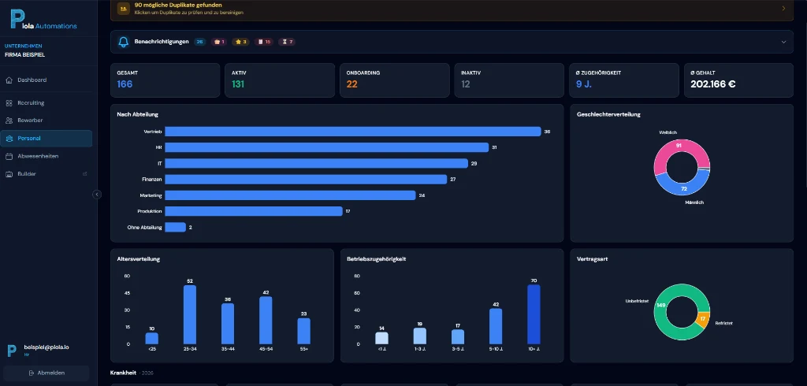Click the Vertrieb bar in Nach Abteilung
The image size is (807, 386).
[352, 132]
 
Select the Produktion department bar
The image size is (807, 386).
[253, 211]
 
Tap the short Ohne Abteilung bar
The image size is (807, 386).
[175, 227]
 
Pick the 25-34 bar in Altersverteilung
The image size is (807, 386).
[190, 314]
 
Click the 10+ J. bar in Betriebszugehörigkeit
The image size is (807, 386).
[534, 314]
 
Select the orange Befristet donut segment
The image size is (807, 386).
[703, 319]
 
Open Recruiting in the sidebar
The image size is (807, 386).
[31, 102]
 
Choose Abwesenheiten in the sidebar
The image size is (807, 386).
[38, 156]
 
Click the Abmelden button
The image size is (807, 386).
[46, 373]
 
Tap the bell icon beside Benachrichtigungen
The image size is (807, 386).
[123, 42]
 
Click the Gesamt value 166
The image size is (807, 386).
[125, 84]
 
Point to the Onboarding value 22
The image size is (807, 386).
[352, 84]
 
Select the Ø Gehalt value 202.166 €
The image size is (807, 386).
[712, 84]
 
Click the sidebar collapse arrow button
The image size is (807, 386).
[97, 194]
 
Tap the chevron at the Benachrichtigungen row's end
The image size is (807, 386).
[783, 42]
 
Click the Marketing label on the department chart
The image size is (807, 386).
[151, 195]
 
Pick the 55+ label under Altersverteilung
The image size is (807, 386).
[303, 348]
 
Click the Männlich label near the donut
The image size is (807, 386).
[694, 202]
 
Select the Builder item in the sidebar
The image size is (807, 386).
[27, 173]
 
